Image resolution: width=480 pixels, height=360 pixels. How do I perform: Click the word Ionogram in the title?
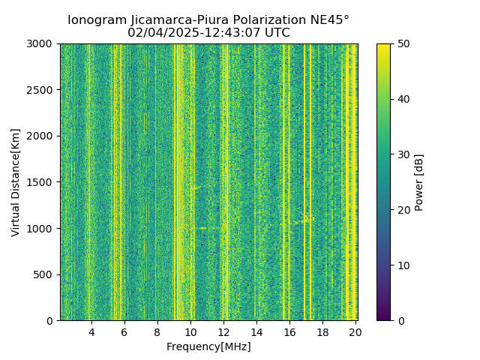(96, 20)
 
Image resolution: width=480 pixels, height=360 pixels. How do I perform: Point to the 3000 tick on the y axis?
(42, 43)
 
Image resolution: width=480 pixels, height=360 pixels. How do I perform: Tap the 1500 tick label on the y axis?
(42, 182)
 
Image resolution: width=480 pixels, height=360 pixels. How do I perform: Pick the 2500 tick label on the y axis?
(42, 90)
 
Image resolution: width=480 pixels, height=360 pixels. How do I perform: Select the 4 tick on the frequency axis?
(91, 331)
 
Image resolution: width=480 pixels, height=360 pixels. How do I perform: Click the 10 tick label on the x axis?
(190, 331)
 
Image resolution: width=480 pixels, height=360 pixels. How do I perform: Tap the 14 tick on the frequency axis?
(256, 331)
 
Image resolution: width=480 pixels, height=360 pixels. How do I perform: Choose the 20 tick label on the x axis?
(355, 331)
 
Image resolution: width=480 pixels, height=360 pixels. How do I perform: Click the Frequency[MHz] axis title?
(208, 346)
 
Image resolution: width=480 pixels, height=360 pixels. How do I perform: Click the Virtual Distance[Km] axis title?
(16, 182)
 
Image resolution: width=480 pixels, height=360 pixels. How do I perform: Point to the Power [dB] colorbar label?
(420, 182)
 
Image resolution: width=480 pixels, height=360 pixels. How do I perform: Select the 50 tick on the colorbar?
(400, 43)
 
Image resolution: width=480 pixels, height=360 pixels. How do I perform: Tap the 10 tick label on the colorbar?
(400, 265)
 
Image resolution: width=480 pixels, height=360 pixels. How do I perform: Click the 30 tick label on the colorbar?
(400, 154)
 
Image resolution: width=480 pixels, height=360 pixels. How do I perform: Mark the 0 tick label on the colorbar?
(397, 320)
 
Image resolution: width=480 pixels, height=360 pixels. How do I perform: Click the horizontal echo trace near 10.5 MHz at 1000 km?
(205, 228)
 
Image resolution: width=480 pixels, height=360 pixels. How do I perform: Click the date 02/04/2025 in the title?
(161, 33)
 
